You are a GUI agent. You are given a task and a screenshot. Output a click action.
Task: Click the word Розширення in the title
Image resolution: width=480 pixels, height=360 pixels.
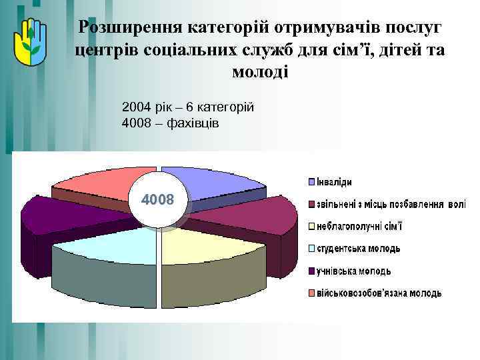(129, 28)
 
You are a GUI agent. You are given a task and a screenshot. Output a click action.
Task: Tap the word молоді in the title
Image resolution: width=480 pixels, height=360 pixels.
(260, 71)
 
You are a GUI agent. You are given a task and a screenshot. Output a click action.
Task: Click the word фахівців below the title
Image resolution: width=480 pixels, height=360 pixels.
(195, 123)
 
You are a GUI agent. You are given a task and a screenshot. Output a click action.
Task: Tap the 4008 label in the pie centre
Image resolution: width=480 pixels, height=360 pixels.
(157, 199)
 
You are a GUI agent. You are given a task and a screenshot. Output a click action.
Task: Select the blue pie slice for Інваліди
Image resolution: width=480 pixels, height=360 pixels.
(207, 183)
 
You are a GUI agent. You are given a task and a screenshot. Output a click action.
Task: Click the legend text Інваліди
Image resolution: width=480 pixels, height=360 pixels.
(334, 182)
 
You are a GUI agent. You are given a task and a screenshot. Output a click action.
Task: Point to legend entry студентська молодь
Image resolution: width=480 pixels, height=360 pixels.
(359, 249)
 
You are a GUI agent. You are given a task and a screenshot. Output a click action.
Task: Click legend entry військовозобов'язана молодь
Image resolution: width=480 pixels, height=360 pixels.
(379, 293)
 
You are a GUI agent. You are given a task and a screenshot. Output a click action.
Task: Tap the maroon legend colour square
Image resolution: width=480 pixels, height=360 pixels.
(311, 204)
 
